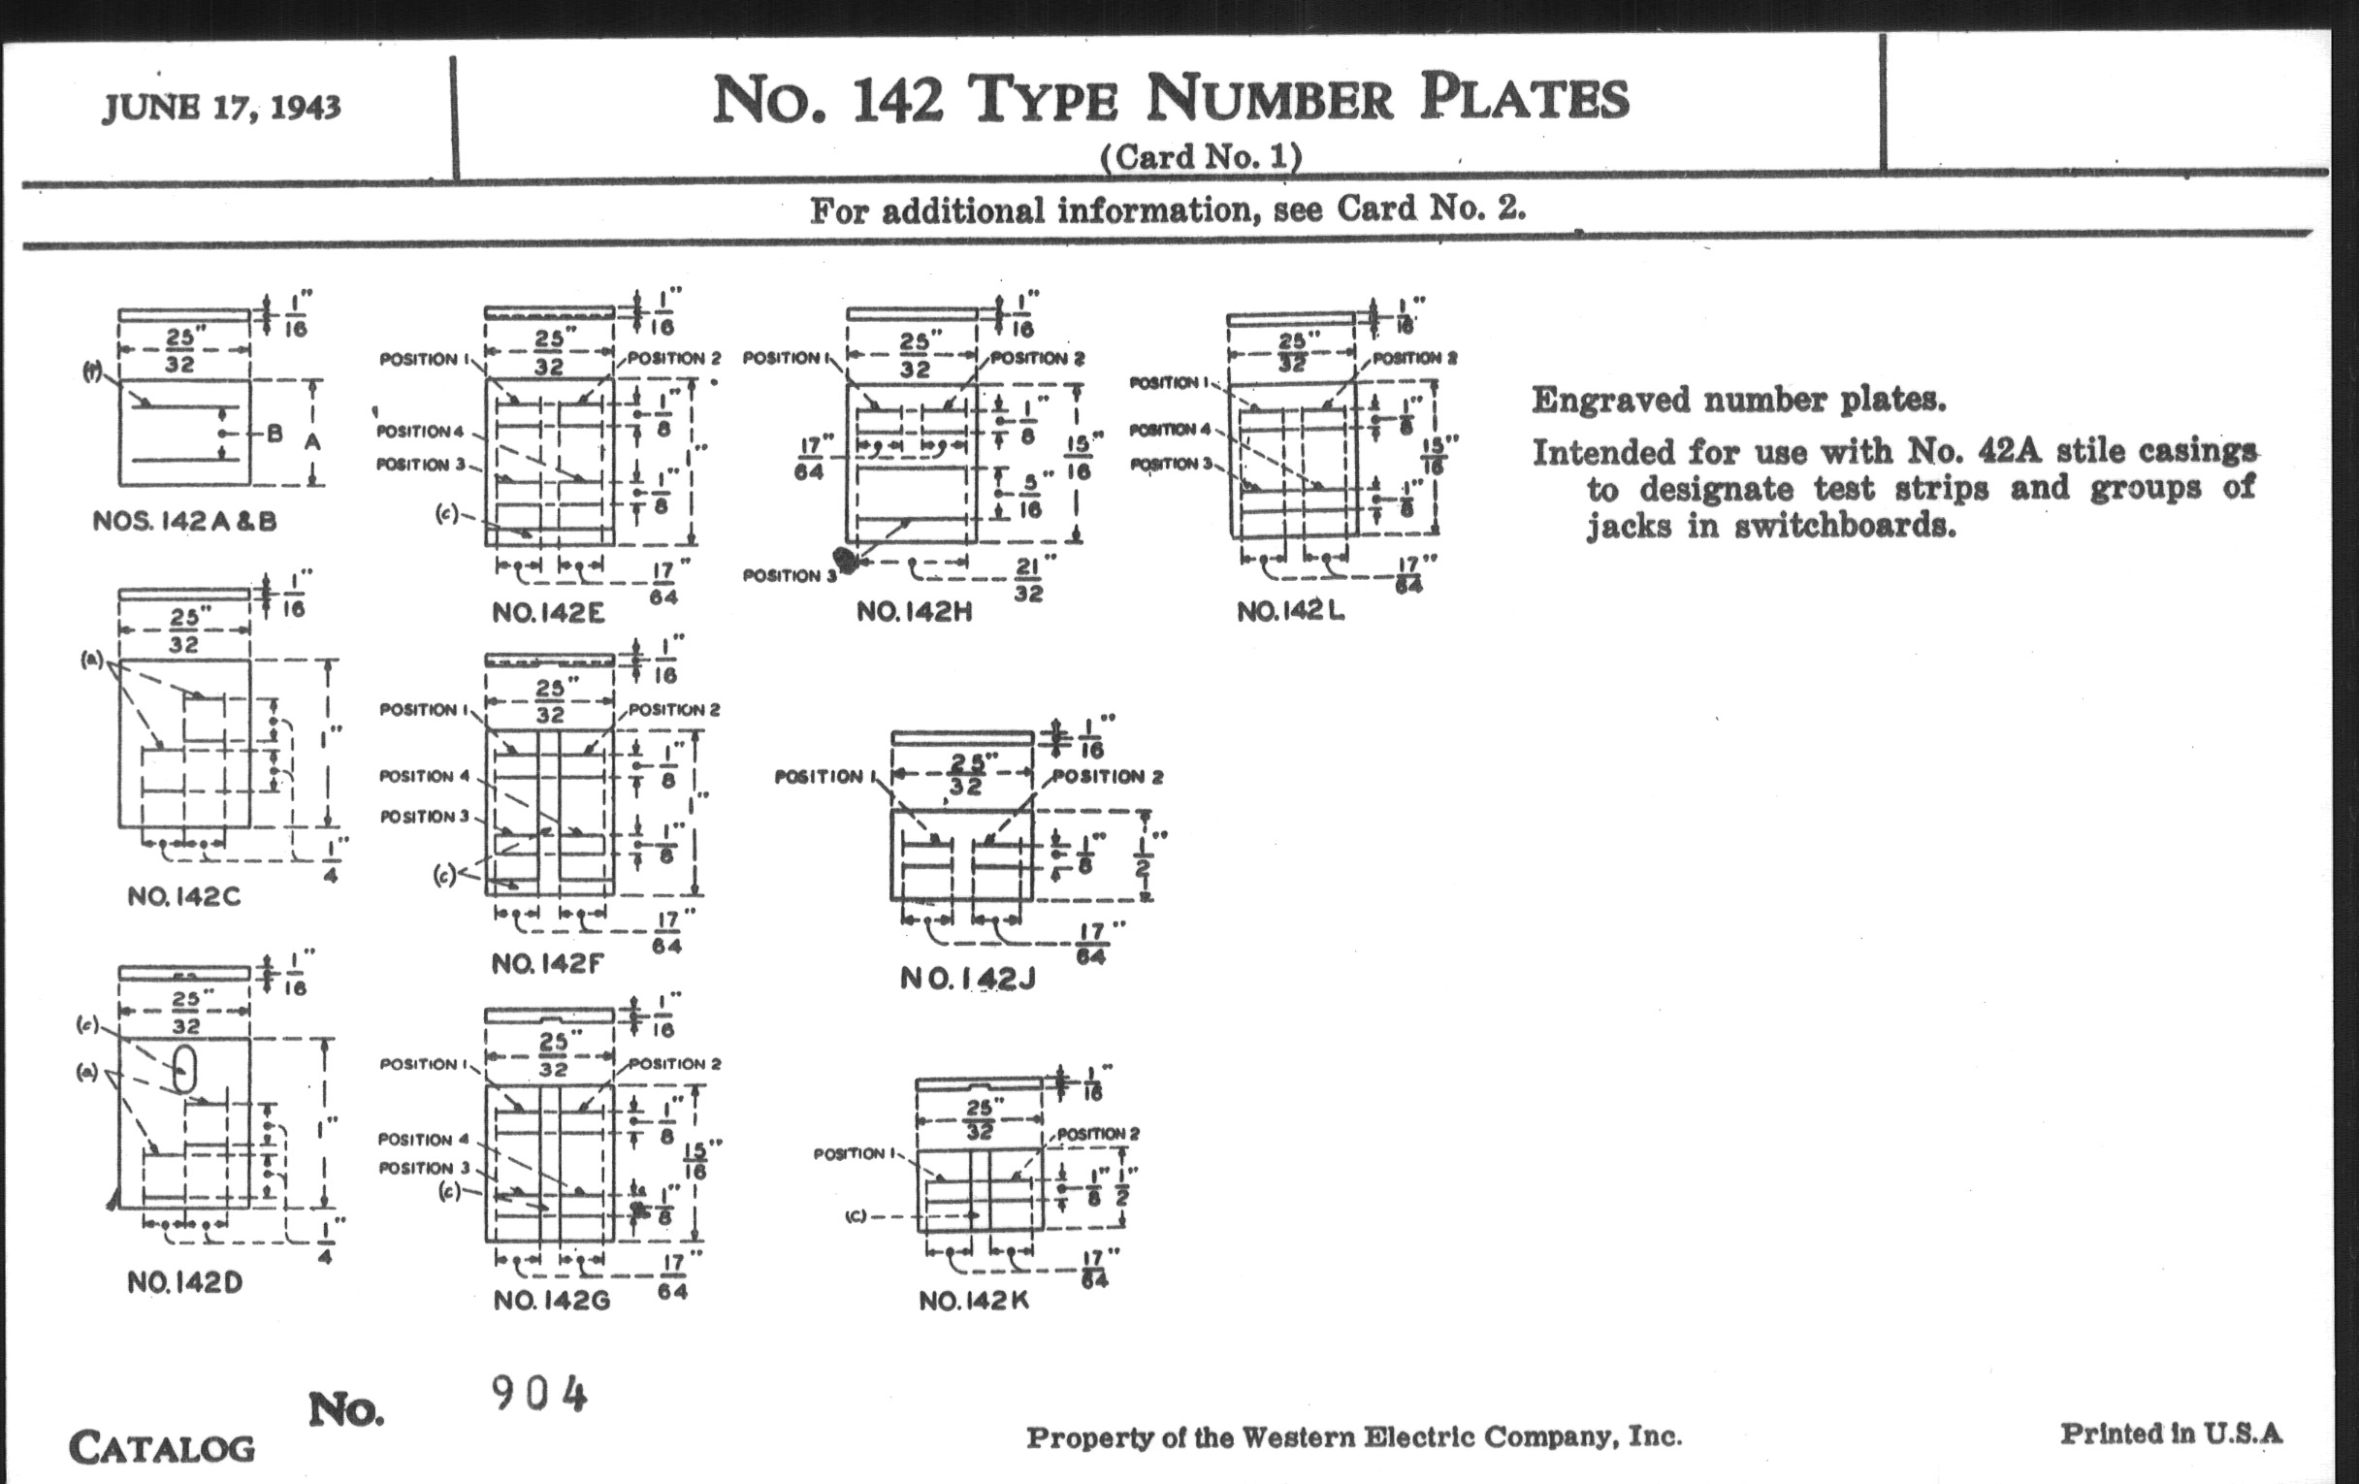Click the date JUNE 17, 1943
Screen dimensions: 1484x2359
[221, 107]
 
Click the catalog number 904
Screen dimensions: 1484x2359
[539, 1394]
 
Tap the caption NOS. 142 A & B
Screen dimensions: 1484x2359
[184, 521]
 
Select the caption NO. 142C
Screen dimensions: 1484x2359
[184, 896]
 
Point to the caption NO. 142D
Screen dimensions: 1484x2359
[184, 1282]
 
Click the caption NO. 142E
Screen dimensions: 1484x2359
[549, 613]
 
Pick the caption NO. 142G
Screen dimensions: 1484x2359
[553, 1300]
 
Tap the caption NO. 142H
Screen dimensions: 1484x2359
[914, 612]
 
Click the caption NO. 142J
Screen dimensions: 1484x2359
[968, 978]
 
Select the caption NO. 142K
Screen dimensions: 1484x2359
[974, 1301]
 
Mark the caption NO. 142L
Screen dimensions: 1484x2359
[1290, 611]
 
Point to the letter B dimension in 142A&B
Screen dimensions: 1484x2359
[275, 433]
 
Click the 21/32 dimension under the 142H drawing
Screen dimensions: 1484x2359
[1027, 580]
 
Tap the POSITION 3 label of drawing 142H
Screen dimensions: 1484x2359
[790, 576]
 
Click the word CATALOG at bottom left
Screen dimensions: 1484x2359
[162, 1448]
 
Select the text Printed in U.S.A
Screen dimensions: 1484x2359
[2171, 1434]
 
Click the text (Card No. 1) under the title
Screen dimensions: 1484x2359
[1201, 157]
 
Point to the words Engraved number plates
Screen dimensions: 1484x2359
[1739, 400]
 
